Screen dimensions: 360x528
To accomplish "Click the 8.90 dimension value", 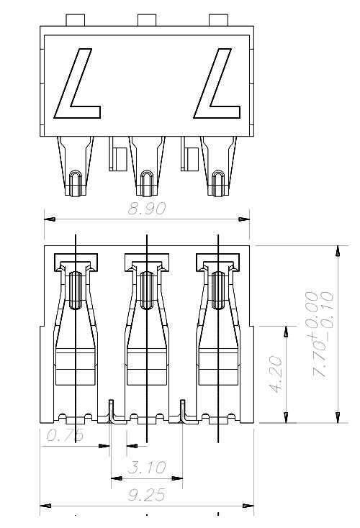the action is (x=147, y=209).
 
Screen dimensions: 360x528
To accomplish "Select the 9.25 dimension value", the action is (x=147, y=495).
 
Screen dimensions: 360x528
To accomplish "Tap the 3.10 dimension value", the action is (x=147, y=467).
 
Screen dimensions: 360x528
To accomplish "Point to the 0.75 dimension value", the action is (x=65, y=435).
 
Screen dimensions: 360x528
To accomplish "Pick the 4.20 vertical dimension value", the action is (x=276, y=374).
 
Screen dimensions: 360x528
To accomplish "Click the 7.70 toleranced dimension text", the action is (x=319, y=335).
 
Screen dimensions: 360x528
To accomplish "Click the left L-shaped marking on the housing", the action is (x=77, y=83).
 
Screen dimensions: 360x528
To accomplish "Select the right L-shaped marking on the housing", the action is (x=217, y=83).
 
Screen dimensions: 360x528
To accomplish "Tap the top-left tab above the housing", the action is (x=75, y=20).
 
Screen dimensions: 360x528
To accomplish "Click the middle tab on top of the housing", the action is (x=147, y=20).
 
